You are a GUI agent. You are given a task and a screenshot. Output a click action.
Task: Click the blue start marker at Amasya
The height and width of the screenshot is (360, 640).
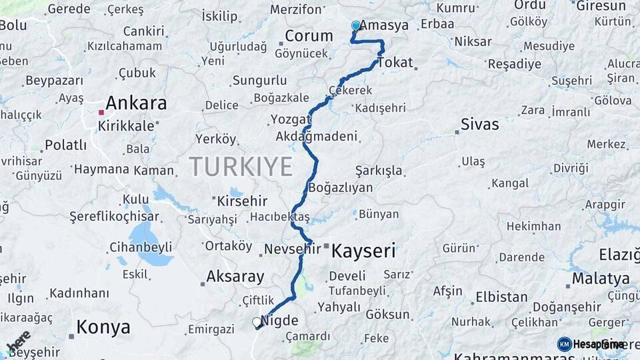coord(356,26)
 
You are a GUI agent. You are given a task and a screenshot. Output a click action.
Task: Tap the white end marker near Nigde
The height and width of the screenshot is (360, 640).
coord(257,322)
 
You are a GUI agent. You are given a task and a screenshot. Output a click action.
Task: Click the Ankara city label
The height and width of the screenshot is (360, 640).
coord(136,103)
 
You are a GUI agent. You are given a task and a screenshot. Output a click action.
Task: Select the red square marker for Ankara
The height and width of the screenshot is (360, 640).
coord(101,112)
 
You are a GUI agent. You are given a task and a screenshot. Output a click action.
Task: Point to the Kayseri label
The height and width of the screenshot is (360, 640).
coord(363,251)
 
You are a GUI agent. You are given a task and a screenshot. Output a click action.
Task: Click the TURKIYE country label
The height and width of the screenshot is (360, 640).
coord(241,166)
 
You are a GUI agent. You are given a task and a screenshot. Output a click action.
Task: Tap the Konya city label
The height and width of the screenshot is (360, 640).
coord(103,327)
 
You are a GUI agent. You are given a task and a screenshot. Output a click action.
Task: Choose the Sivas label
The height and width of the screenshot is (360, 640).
coord(480,124)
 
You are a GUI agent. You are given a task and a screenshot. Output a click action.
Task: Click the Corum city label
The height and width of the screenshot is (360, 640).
coord(309,36)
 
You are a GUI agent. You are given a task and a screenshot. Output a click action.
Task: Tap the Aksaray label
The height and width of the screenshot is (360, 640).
coord(235,276)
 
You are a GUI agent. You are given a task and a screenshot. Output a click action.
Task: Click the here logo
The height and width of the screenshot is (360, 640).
coord(19,341)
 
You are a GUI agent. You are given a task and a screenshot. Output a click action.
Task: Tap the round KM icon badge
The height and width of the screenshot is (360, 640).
coord(565,344)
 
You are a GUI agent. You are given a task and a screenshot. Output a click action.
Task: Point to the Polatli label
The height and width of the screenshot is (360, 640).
coord(66,145)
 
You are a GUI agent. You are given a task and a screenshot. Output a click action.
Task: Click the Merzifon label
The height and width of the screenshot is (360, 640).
coord(296,9)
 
